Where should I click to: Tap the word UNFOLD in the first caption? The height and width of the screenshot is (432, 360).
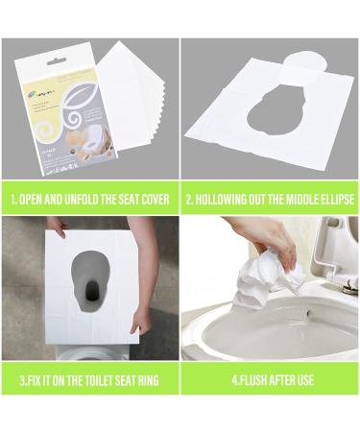(x=83, y=199)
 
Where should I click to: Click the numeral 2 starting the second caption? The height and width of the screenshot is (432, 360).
(x=189, y=199)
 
